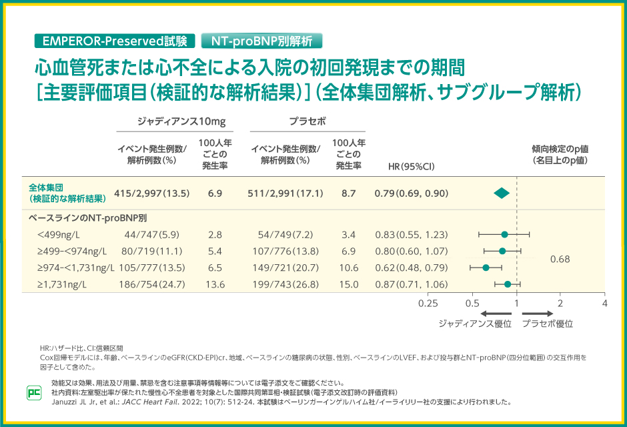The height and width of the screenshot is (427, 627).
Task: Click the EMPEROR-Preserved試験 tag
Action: [x=115, y=41]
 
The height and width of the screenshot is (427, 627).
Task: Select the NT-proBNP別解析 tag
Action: [x=261, y=41]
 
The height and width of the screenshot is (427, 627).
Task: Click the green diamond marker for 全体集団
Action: [x=502, y=193]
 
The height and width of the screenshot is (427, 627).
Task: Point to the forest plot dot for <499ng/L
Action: [x=504, y=234]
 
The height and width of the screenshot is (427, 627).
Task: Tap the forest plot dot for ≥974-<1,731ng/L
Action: [x=486, y=268]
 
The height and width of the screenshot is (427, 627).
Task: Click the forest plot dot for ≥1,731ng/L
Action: [x=508, y=284]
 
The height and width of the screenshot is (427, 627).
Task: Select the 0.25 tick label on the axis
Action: [x=428, y=303]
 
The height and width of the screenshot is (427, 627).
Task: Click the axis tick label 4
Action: [x=604, y=303]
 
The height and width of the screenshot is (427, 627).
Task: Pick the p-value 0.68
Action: [x=560, y=259]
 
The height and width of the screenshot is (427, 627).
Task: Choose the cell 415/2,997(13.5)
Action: [x=152, y=193]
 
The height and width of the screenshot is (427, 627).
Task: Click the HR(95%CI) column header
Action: [x=411, y=166]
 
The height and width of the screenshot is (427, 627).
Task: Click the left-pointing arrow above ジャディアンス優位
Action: [x=495, y=313]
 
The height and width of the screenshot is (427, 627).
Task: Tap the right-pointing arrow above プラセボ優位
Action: [x=538, y=313]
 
